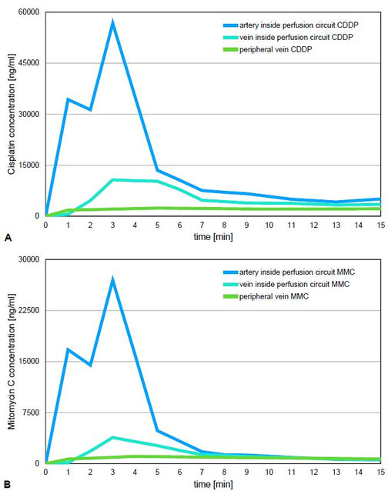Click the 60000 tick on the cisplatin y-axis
[x=29, y=12]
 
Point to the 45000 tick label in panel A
[x=29, y=63]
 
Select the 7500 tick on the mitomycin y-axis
[x=32, y=413]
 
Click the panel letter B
[x=7, y=485]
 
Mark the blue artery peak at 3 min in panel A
[x=112, y=22]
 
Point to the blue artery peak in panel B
[x=112, y=279]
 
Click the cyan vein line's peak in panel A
[x=112, y=179]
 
